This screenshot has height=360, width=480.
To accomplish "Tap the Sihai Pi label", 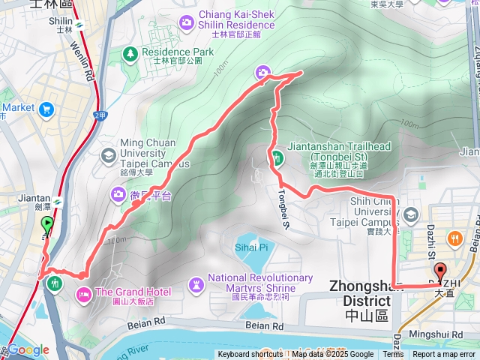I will click(251, 247).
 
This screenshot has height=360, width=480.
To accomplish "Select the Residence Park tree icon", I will click(130, 52).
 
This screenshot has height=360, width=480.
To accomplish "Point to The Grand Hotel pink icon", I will click(83, 292).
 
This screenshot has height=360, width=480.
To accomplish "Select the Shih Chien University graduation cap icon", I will click(410, 215).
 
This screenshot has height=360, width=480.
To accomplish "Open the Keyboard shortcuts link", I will click(250, 355).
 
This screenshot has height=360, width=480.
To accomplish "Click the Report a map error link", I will click(445, 355).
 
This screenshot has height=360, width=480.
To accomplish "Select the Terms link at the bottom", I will click(393, 355).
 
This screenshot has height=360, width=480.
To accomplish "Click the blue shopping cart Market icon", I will click(47, 110).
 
